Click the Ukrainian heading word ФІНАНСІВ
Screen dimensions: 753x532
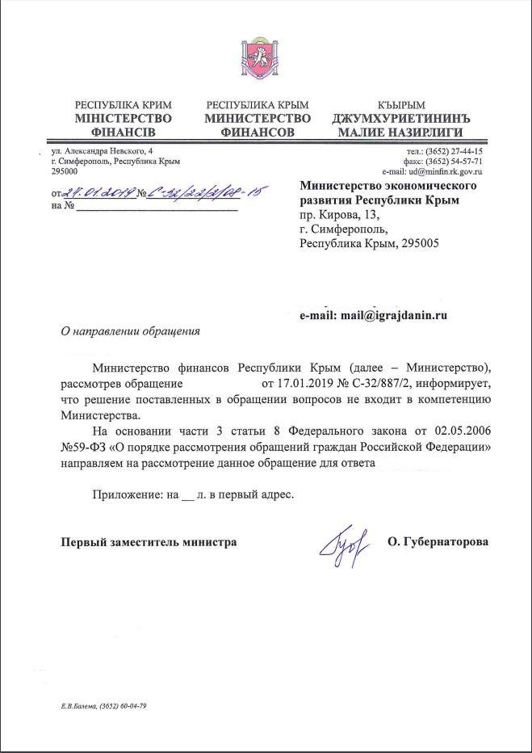tap(123, 132)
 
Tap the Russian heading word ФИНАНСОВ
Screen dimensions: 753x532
tap(258, 132)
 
